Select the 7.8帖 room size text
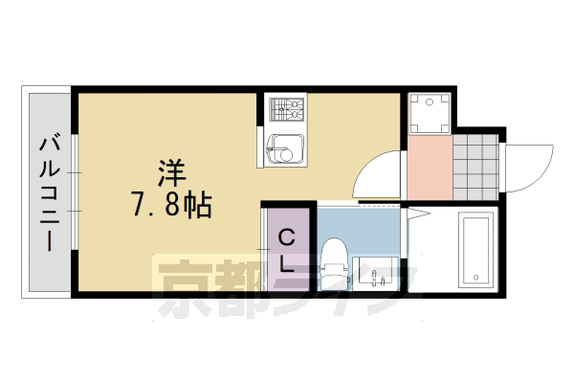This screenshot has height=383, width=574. [171, 204]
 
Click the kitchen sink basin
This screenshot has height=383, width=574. [284, 148]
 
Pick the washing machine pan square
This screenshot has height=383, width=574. [429, 114]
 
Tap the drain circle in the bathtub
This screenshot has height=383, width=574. [475, 278]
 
